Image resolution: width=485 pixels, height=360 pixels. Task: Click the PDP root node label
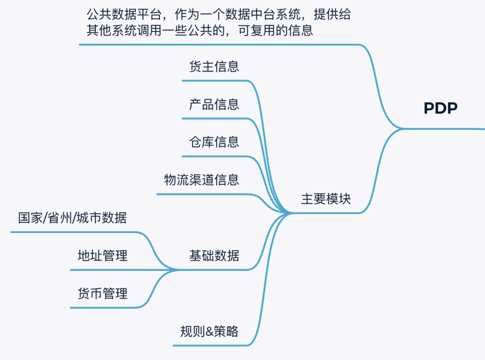click(441, 108)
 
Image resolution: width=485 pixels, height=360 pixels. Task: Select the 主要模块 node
click(326, 199)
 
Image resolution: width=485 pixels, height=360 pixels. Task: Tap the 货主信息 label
click(214, 66)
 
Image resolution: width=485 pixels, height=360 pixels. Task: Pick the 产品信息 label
click(214, 105)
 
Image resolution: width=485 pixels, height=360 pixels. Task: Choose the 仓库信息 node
click(214, 142)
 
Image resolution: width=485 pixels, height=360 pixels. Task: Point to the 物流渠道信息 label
click(202, 180)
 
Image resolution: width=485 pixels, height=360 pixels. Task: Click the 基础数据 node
click(214, 256)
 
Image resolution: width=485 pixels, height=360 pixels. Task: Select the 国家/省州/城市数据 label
click(72, 218)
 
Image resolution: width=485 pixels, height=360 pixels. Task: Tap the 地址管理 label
click(102, 256)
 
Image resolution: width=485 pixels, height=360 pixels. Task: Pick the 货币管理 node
click(102, 294)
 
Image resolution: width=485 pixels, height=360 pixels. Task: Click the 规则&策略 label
click(209, 332)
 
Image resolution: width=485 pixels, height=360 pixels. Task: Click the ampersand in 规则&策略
click(209, 332)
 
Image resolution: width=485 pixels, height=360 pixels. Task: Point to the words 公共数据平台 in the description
click(124, 14)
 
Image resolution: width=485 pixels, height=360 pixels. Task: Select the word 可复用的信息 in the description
click(276, 31)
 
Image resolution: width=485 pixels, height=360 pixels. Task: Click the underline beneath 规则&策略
click(210, 346)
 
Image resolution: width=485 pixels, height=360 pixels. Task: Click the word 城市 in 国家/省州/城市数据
click(89, 218)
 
